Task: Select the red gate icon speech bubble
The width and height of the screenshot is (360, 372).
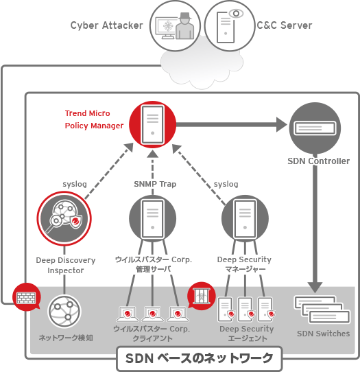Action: [201, 297]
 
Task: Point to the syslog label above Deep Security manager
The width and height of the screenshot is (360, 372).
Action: [226, 184]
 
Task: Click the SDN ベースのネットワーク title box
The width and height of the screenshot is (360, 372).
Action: [199, 358]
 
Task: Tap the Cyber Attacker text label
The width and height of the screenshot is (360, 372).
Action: [106, 25]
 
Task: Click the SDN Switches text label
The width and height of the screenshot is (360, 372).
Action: [323, 334]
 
